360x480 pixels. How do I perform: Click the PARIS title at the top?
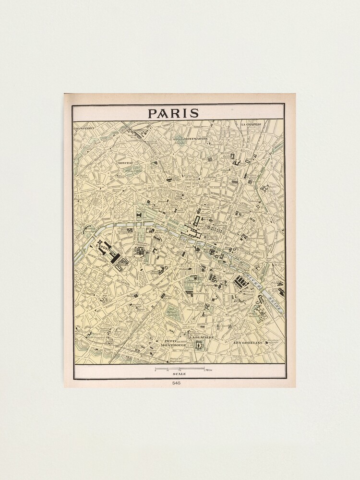(173, 113)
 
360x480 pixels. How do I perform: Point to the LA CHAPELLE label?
(252, 124)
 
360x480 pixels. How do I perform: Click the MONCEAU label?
(125, 163)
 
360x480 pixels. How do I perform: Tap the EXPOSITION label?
(106, 249)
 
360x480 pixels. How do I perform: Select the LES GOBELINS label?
(247, 343)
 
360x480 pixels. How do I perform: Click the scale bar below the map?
(179, 369)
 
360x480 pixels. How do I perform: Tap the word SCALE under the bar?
(179, 374)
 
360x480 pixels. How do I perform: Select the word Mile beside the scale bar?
(209, 370)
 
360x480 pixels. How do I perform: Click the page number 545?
(179, 383)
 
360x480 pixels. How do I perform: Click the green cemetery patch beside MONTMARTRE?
(179, 139)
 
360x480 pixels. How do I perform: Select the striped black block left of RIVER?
(241, 282)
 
